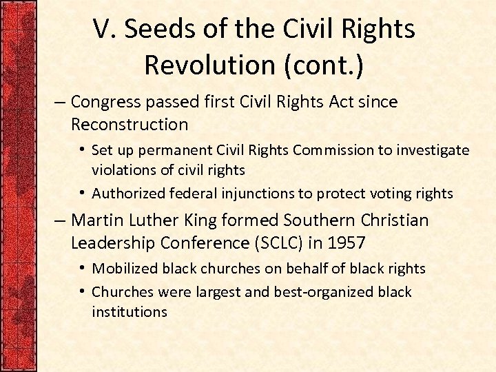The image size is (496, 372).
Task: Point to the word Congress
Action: coord(103,102)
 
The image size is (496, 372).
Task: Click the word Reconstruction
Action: coord(129,125)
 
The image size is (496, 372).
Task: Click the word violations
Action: coord(121,169)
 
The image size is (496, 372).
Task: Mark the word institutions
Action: coord(129,311)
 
